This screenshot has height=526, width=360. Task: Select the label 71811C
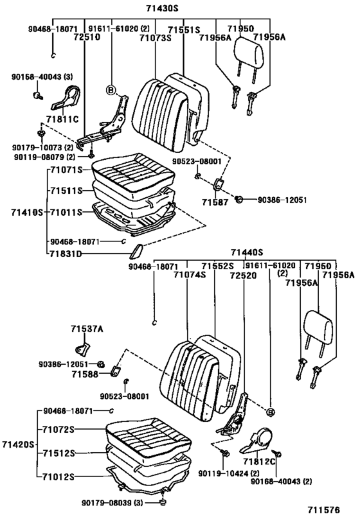(62, 119)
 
